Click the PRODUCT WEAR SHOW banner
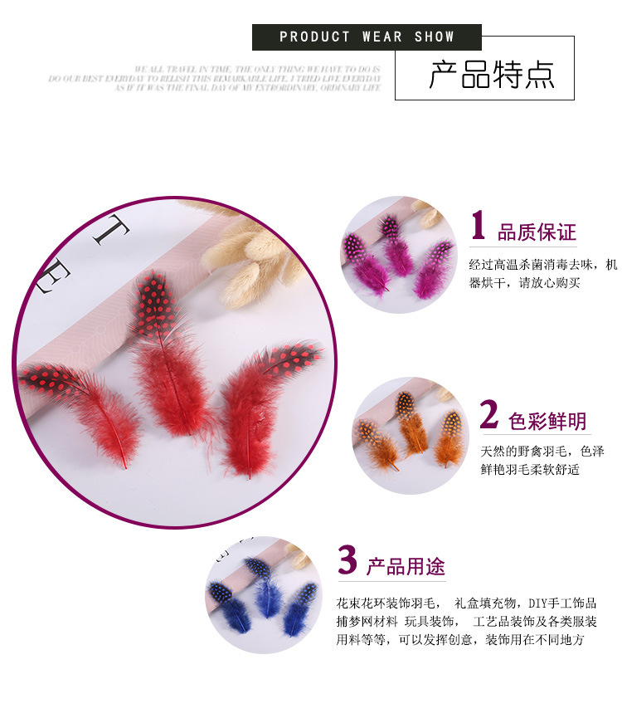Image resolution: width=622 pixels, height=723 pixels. pyautogui.click(x=367, y=37)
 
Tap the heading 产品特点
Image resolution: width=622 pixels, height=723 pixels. pyautogui.click(x=491, y=75)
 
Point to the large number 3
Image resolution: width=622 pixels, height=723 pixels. pyautogui.click(x=347, y=560)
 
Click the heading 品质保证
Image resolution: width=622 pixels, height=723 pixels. pyautogui.click(x=537, y=232)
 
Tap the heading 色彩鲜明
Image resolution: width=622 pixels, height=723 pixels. pyautogui.click(x=547, y=422)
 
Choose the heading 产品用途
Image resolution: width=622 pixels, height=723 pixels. pyautogui.click(x=406, y=567)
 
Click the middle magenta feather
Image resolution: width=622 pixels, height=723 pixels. pyautogui.click(x=396, y=247)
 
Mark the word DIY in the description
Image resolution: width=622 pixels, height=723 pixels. pyautogui.click(x=539, y=603)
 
